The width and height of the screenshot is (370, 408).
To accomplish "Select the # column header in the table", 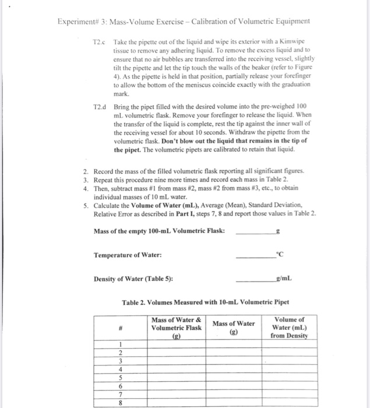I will click(x=119, y=328).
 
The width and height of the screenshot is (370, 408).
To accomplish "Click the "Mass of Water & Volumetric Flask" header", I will click(x=176, y=328).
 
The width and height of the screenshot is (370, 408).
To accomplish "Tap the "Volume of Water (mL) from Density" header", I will click(x=290, y=328).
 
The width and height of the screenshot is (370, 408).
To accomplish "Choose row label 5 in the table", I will click(x=119, y=377).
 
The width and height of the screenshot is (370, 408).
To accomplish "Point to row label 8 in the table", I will click(x=119, y=402).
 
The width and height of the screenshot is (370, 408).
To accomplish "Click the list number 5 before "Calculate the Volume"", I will click(x=85, y=205).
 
